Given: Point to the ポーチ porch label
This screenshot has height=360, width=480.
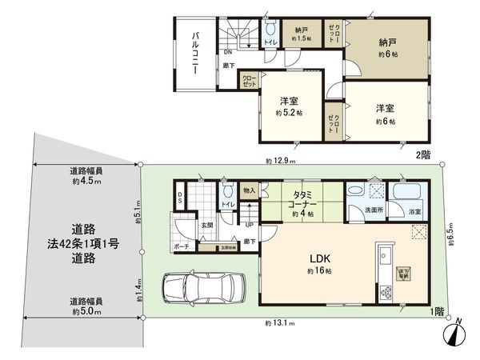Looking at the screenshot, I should point(182,248).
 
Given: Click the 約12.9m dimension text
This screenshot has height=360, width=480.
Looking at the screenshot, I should point(281,162).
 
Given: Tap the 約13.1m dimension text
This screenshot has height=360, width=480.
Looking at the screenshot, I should point(281,323).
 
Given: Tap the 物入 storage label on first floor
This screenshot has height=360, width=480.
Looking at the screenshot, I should point(249,190).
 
